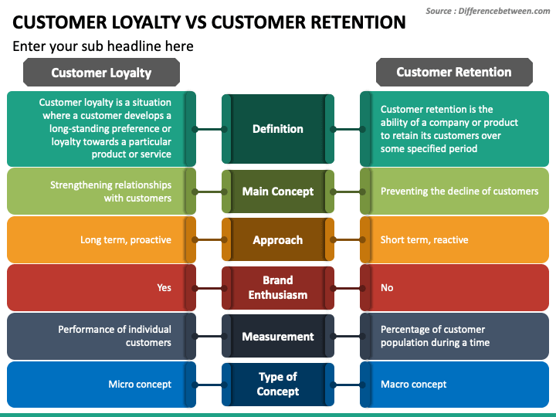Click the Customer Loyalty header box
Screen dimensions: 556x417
coord(101,73)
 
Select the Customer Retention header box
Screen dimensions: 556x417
coord(454,73)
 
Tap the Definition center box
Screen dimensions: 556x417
coord(278,129)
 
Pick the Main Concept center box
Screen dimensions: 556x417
coord(278,192)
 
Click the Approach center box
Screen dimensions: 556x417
coord(278,239)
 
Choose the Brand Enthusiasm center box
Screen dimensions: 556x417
coord(278,288)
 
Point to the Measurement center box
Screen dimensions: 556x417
coord(278,336)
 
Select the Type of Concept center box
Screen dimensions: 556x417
coord(278,385)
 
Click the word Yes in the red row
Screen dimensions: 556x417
coord(164,287)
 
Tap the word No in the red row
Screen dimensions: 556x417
coord(387,287)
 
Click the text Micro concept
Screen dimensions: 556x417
coord(140,385)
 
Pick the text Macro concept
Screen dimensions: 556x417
coord(413,385)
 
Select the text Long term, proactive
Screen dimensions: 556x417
coord(126,240)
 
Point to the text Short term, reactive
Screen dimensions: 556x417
coord(425,240)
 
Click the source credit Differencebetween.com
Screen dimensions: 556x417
coord(503,11)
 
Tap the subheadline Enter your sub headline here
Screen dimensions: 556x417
coord(103,46)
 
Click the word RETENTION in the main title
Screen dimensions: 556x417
coord(358,22)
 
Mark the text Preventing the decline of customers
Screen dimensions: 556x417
coord(459,192)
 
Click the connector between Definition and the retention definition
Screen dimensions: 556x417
coord(347,130)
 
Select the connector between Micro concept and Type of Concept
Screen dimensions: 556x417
coord(209,385)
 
